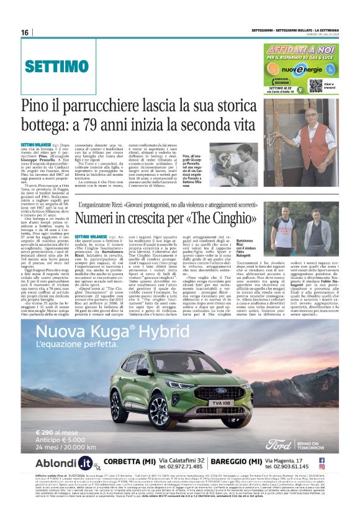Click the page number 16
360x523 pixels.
[x=25, y=33]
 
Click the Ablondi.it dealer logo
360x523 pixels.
[x=63, y=463]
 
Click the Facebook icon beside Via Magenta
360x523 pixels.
[x=340, y=458]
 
